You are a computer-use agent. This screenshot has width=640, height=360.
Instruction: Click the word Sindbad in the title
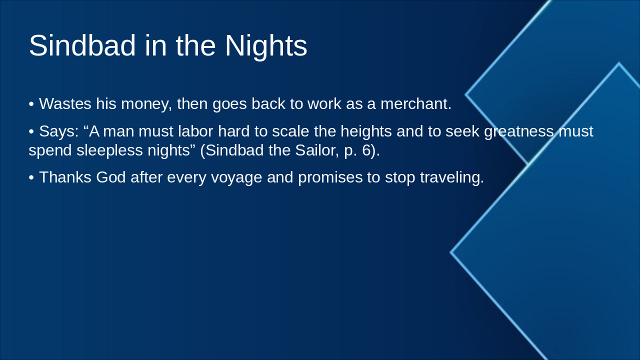point(82,45)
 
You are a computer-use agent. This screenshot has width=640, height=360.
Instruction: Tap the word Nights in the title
point(265,45)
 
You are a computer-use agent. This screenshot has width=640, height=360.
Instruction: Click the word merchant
point(415,104)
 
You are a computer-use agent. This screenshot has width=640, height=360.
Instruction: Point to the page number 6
point(366,150)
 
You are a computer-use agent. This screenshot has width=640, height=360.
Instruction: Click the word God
point(111,177)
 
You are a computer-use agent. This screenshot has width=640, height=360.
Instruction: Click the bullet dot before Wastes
point(31,104)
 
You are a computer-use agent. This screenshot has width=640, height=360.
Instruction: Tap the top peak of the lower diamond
point(618,63)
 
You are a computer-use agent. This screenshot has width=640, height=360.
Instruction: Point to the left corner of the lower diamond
point(451,252)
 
